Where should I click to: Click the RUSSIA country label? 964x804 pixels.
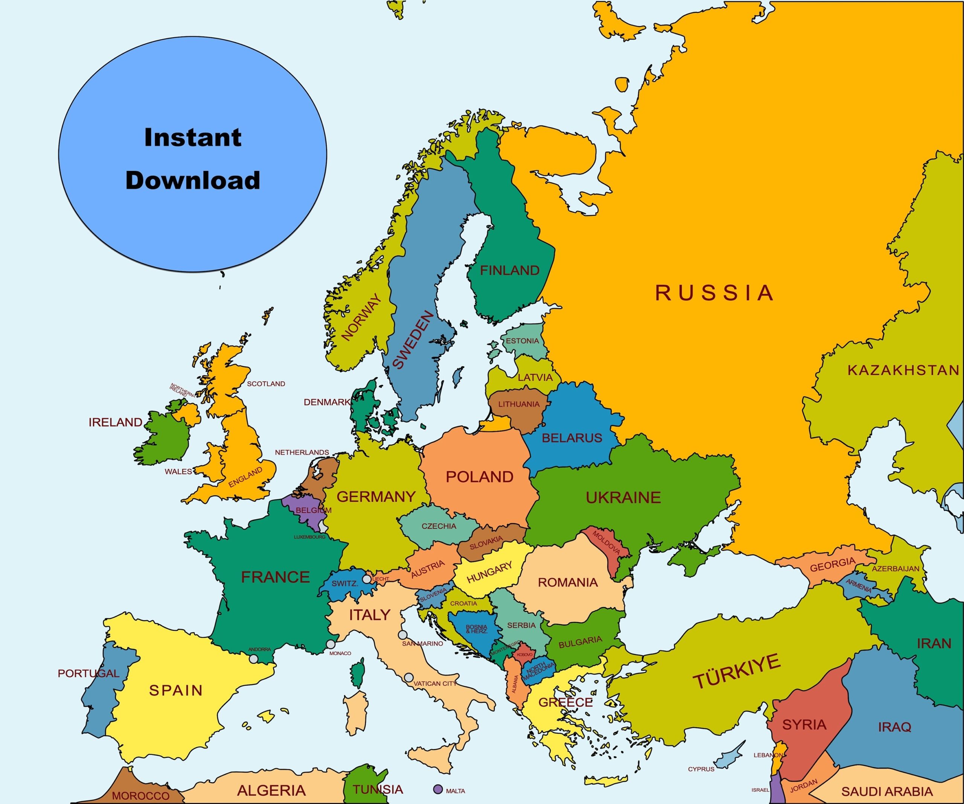(714, 293)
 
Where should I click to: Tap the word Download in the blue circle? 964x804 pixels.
(193, 180)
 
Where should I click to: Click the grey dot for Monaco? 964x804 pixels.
(331, 644)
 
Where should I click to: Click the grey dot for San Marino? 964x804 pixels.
(402, 635)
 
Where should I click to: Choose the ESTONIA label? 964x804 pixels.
(522, 341)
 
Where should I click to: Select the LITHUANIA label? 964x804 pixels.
(519, 404)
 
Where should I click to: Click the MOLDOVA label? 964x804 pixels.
(606, 542)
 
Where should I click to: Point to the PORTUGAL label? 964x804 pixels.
(88, 673)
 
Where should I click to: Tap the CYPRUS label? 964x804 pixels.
(701, 769)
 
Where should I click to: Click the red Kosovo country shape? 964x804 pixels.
(525, 654)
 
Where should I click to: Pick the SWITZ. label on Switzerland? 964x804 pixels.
(345, 584)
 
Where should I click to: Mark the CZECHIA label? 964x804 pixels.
(439, 526)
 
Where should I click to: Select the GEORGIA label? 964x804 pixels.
(833, 564)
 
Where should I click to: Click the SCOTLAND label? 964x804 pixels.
(266, 384)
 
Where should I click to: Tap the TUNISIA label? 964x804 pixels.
(378, 789)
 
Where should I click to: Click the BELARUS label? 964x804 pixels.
(572, 438)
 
